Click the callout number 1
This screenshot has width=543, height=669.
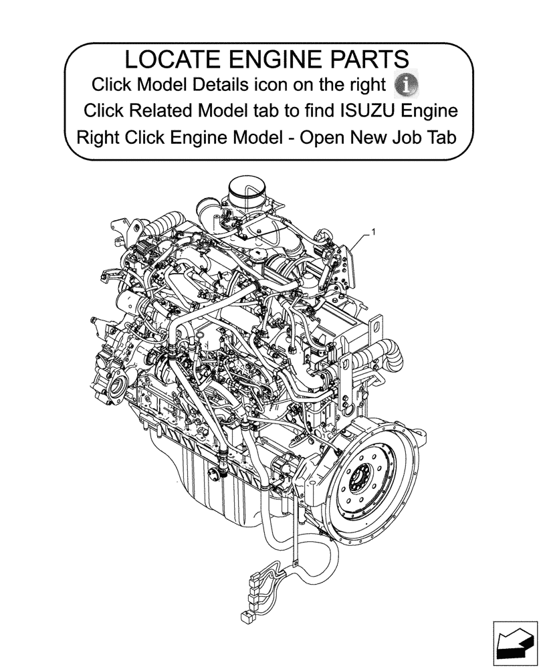click(x=373, y=232)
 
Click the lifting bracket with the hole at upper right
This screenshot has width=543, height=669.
click(x=376, y=328)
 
